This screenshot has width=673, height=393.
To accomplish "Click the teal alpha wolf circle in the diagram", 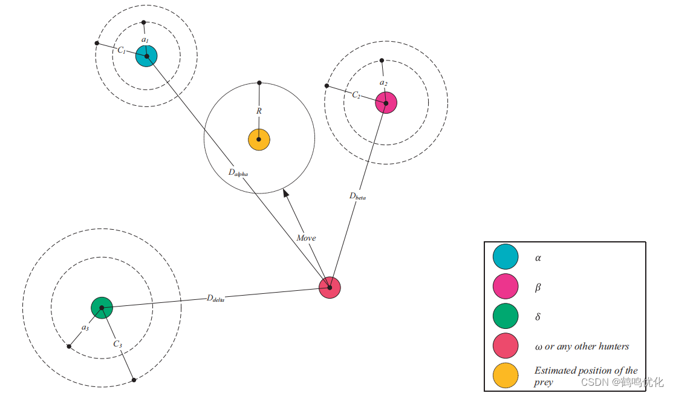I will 146,56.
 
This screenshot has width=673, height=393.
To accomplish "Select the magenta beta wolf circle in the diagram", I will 386,102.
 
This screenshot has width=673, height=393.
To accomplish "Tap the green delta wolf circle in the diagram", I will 102,308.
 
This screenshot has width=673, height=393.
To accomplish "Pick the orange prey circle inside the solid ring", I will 259,139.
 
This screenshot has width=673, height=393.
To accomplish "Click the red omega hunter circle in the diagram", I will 330,287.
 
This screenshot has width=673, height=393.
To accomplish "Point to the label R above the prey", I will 259,111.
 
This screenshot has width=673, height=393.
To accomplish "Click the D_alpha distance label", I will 238,172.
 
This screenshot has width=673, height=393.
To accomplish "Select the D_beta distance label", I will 357,196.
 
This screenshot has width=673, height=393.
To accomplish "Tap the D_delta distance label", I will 215,298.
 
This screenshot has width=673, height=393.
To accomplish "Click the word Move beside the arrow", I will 306,238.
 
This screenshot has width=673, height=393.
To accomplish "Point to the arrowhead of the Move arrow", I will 286,193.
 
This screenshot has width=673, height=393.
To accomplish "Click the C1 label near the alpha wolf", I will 122,51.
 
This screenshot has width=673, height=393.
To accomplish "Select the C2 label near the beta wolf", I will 356,96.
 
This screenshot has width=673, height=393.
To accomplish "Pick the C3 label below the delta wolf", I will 117,345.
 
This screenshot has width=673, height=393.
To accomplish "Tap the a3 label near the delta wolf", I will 85,328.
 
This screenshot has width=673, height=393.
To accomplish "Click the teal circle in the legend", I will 506,256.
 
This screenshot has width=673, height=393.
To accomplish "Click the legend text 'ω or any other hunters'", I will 582,346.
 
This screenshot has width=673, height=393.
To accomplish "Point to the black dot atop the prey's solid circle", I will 259,83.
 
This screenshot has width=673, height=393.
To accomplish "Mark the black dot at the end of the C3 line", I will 134,380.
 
